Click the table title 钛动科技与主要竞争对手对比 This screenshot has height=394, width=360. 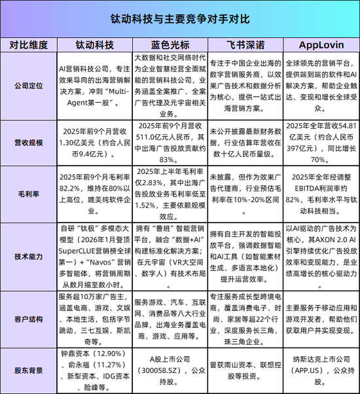pyautogui.click(x=179, y=20)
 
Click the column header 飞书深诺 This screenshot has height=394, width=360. pyautogui.click(x=243, y=45)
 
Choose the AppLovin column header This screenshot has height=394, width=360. pyautogui.click(x=319, y=45)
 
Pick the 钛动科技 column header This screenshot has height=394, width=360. pyautogui.click(x=94, y=45)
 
